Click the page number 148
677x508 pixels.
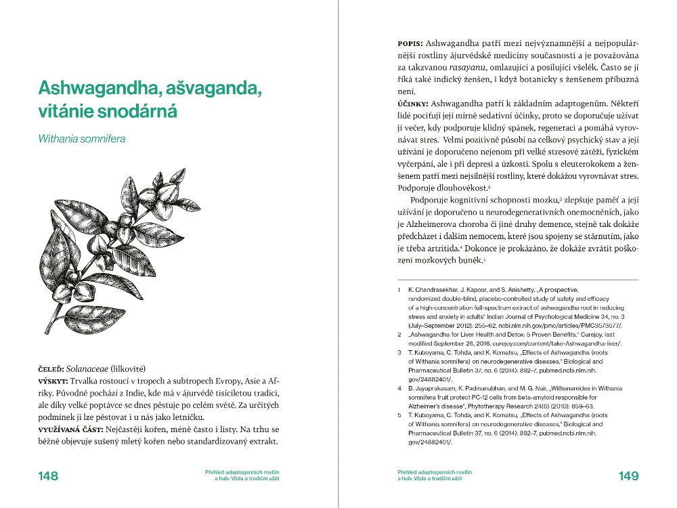(48, 475)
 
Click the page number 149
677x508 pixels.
(628, 475)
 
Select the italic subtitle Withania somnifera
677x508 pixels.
(82, 140)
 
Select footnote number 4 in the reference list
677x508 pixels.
(399, 388)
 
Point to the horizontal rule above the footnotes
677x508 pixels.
(518, 279)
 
